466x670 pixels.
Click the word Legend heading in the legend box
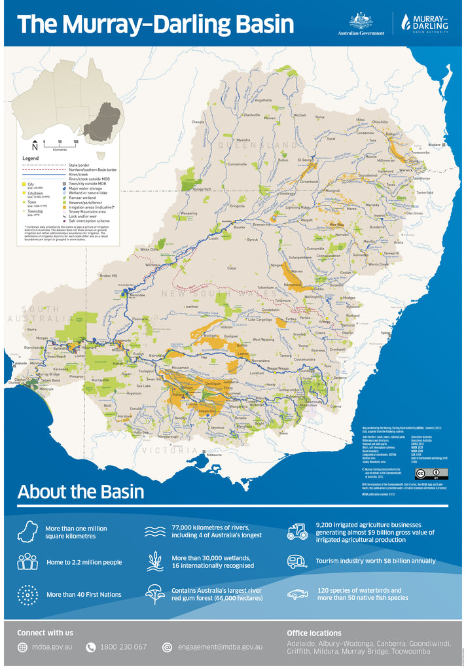(31, 158)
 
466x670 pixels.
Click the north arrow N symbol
(34, 145)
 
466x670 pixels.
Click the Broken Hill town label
(108, 275)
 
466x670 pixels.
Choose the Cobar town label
(232, 268)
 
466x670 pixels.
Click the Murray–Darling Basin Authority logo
(423, 23)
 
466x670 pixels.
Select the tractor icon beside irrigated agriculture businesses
(297, 531)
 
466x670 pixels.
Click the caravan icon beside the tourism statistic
(297, 561)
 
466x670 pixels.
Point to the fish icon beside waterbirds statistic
(297, 594)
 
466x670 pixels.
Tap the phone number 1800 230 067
(123, 647)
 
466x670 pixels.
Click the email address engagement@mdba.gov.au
(220, 647)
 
